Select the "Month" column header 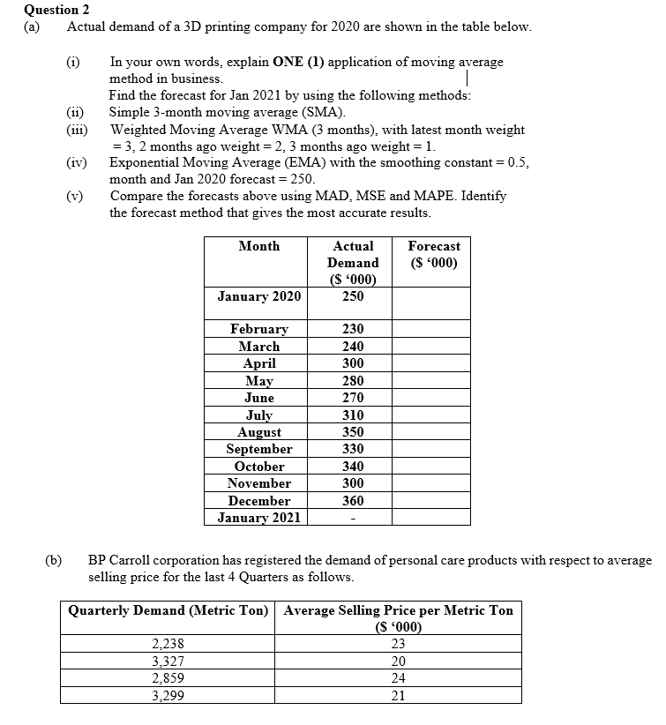click(258, 246)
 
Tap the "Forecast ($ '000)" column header click(434, 254)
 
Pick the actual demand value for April click(353, 363)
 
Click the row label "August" click(259, 432)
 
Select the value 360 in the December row click(353, 500)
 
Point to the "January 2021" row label click(259, 518)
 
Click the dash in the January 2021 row click(353, 518)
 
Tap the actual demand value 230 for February click(353, 329)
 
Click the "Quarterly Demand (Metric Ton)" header click(168, 610)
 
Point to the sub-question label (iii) click(78, 130)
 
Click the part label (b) click(54, 560)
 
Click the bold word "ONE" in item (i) click(288, 62)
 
